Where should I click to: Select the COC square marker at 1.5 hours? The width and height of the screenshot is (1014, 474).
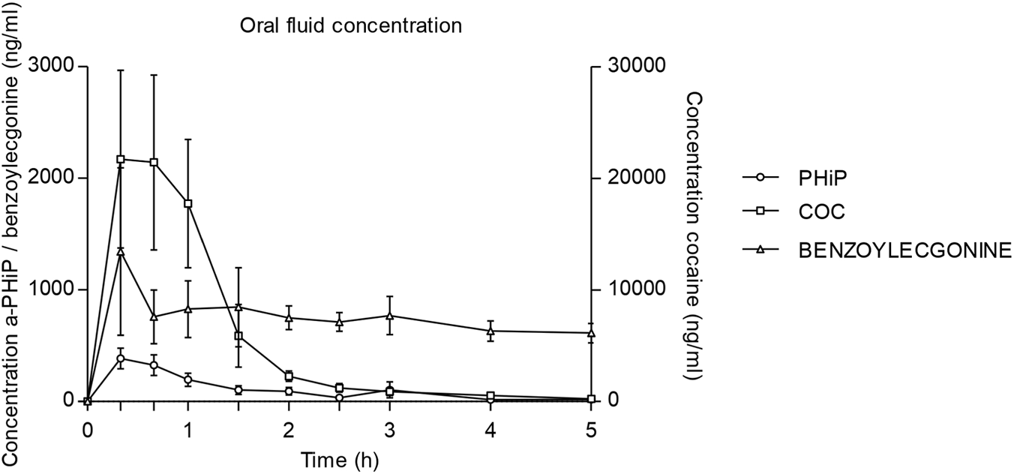pos(238,336)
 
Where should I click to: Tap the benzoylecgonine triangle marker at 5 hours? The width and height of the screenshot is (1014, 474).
pos(591,332)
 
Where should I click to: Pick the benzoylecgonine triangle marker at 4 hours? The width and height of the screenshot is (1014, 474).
pos(490,331)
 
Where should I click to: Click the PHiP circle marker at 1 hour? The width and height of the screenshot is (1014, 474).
pos(188,379)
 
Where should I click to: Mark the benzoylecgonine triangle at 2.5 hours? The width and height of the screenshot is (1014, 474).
pos(339,322)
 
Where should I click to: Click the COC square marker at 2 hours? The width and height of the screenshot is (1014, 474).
pos(289,376)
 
